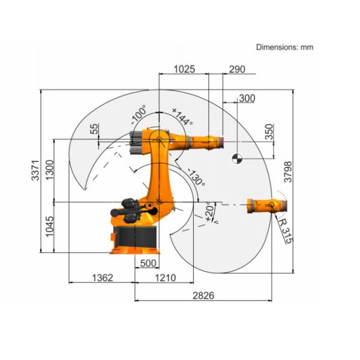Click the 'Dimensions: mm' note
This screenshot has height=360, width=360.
tap(284, 47)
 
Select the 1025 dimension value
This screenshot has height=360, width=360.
tap(185, 69)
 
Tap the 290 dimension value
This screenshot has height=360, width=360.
tap(237, 69)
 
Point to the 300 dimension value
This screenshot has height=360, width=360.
tap(247, 98)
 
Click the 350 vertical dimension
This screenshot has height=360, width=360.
tap(269, 132)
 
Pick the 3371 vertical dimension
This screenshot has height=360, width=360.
tap(35, 170)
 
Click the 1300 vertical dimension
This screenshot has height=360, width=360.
tap(50, 170)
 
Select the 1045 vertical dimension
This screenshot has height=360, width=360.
tap(50, 226)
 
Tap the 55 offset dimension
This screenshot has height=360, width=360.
tap(94, 128)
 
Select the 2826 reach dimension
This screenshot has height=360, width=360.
tap(203, 295)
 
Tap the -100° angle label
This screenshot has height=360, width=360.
tap(139, 112)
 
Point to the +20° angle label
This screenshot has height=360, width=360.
tap(209, 211)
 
